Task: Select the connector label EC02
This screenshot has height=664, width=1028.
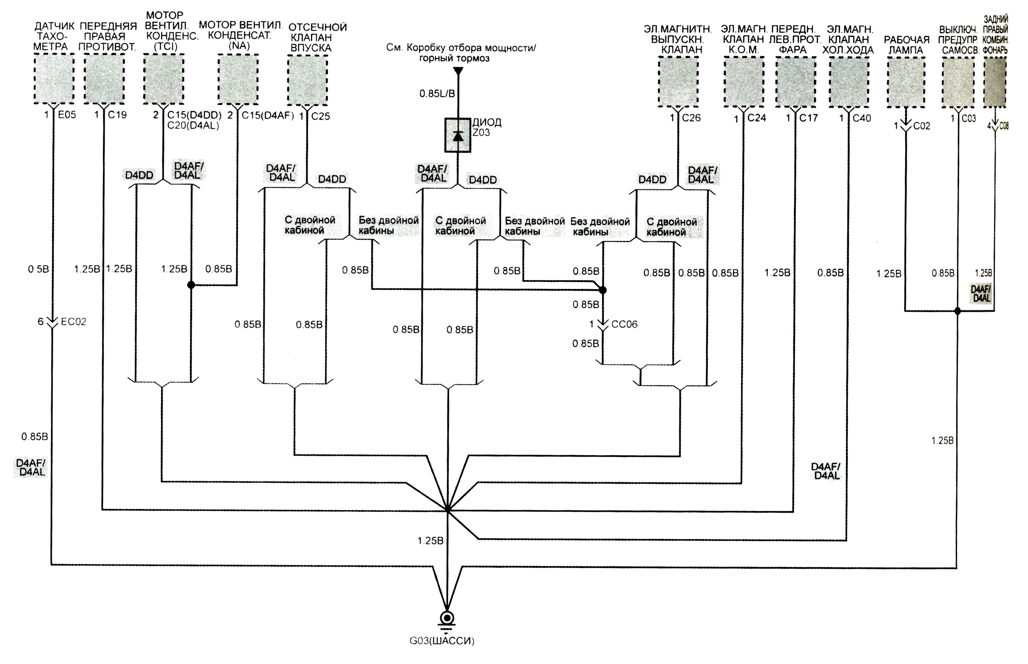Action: [74, 322]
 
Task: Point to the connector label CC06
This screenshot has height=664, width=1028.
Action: [625, 324]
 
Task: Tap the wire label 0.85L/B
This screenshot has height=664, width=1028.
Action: [437, 94]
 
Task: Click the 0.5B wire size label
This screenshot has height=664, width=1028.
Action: [38, 269]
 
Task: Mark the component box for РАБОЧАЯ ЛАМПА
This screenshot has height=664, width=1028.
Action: [906, 82]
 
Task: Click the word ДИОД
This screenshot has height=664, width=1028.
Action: [487, 122]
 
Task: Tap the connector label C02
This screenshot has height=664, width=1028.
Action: [922, 126]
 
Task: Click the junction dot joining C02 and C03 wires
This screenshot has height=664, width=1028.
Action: [957, 311]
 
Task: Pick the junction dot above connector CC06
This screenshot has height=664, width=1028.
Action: [603, 290]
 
